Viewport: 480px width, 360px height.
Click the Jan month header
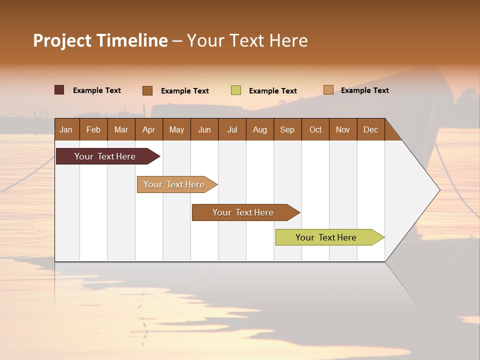pyautogui.click(x=66, y=129)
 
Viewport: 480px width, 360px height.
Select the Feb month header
pyautogui.click(x=93, y=129)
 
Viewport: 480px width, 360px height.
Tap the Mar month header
pyautogui.click(x=121, y=129)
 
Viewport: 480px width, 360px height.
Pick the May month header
pyautogui.click(x=176, y=129)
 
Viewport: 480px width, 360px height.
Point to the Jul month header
pyautogui.click(x=232, y=129)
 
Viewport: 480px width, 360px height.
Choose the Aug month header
pyautogui.click(x=259, y=129)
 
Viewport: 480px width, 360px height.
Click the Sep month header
pyautogui.click(x=287, y=129)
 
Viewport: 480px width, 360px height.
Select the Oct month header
pyautogui.click(x=315, y=129)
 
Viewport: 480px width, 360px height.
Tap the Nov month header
pyautogui.click(x=342, y=129)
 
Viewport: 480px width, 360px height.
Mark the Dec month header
pyautogui.click(x=370, y=129)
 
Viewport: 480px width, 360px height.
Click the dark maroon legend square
pyautogui.click(x=59, y=90)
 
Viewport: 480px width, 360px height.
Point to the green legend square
pyautogui.click(x=236, y=90)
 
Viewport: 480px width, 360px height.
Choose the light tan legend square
pyautogui.click(x=328, y=90)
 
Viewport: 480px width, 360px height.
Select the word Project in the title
pyautogui.click(x=61, y=40)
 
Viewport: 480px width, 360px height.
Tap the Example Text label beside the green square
pyautogui.click(x=272, y=91)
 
